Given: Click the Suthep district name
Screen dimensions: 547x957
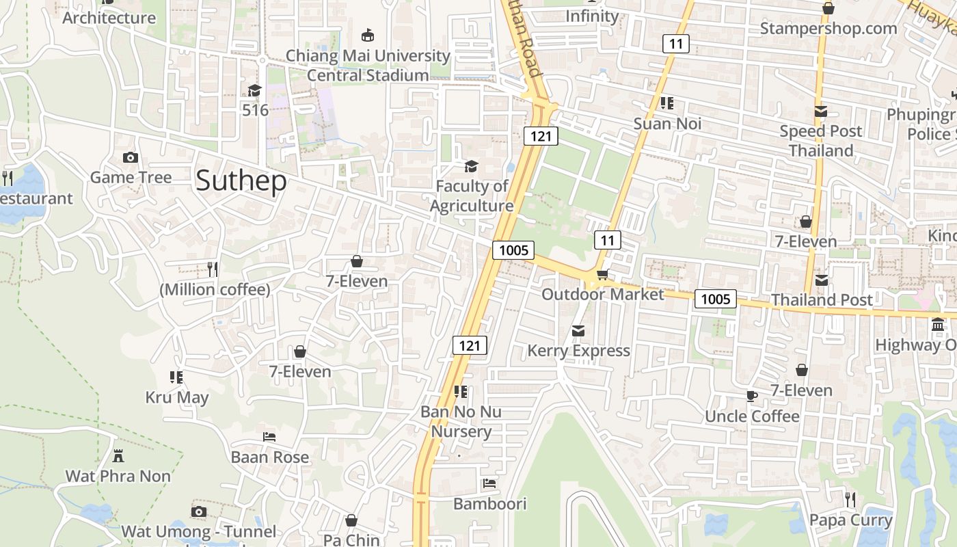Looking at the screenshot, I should click(241, 181).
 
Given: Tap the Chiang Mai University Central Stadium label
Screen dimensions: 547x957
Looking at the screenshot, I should click(368, 65).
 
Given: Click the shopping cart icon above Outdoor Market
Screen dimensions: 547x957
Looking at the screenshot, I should click(602, 274).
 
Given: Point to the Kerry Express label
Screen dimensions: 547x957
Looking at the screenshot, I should click(578, 351).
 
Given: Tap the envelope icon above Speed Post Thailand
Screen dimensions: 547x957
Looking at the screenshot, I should click(821, 111).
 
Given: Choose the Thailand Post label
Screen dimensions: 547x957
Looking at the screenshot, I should click(822, 299).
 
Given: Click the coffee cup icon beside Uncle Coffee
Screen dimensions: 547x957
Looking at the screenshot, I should click(752, 396).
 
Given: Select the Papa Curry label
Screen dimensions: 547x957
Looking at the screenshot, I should click(850, 520).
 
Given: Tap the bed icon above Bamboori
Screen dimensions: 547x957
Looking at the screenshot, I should click(489, 483).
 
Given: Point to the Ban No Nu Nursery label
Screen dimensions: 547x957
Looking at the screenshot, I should click(461, 421).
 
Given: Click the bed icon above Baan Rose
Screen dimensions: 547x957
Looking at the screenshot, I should click(269, 436).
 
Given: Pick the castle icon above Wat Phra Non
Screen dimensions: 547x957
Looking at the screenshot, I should click(118, 455).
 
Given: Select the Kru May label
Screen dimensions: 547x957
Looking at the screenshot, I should click(177, 397).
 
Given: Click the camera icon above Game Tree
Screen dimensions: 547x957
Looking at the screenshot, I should click(131, 158).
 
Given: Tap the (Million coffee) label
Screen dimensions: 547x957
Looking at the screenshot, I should click(215, 290).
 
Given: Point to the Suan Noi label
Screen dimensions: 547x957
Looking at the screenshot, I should click(667, 124).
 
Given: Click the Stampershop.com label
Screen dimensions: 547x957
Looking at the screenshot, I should click(828, 28).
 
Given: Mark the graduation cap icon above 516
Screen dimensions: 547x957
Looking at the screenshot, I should click(255, 90).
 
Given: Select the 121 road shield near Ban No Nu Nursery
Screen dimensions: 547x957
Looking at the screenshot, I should click(470, 346).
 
